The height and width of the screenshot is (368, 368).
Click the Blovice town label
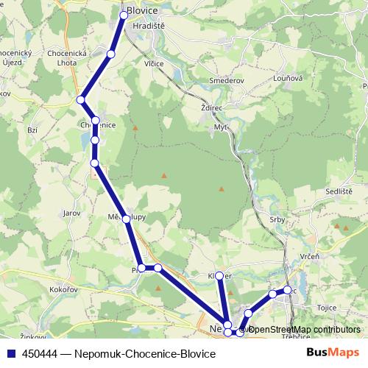pyautogui.click(x=142, y=11)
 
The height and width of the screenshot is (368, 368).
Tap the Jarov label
pyautogui.click(x=71, y=212)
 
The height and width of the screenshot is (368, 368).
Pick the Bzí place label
pyautogui.click(x=32, y=129)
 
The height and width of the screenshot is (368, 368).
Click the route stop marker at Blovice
pyautogui.click(x=124, y=15)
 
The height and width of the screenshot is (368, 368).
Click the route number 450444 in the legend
pyautogui.click(x=41, y=354)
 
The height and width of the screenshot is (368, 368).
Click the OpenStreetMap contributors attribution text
pyautogui.click(x=303, y=329)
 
